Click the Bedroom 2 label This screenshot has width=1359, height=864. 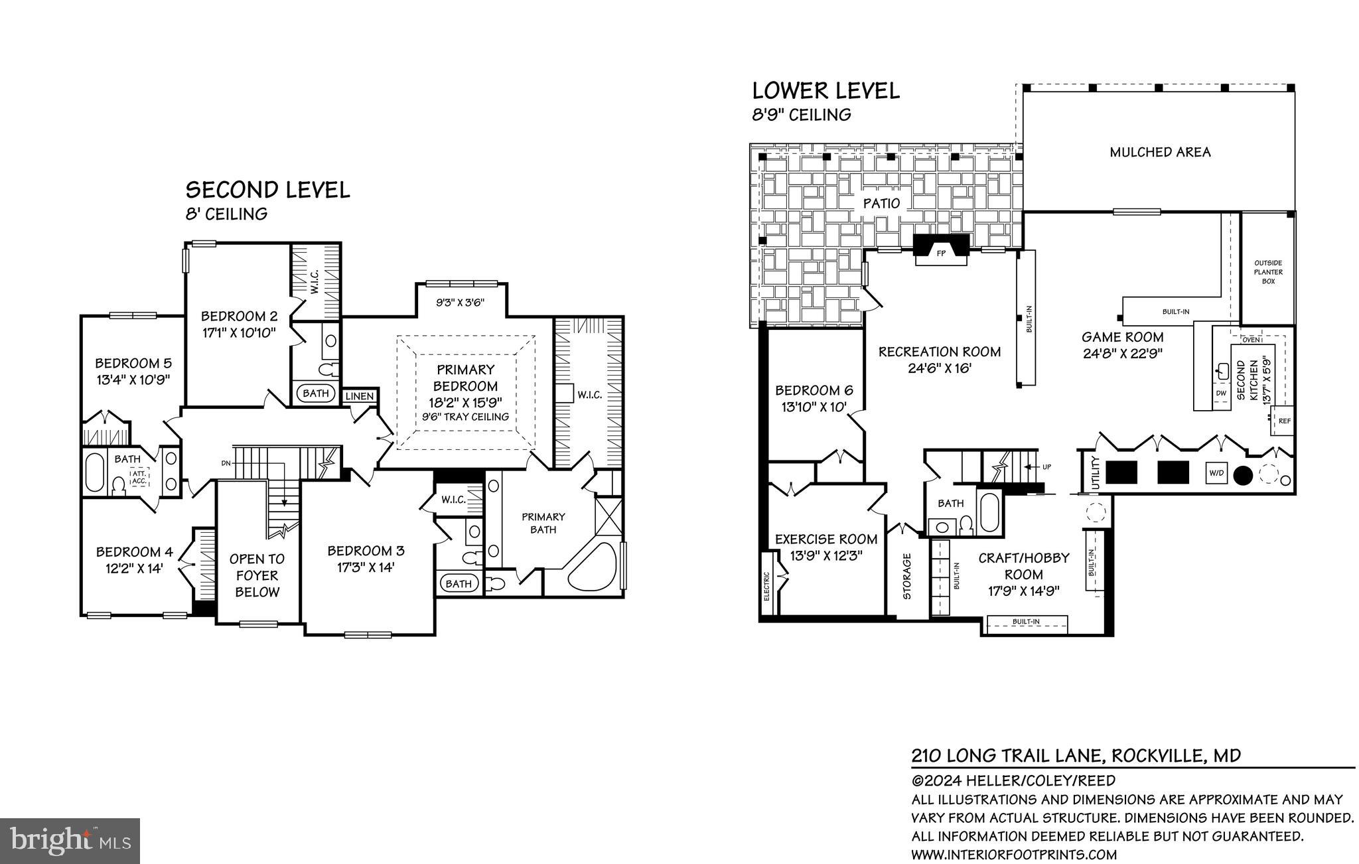click(x=239, y=316)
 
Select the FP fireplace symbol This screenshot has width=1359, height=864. click(x=940, y=252)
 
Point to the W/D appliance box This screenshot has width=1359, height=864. click(x=1216, y=473)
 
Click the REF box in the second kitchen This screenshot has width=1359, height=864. click(x=1284, y=421)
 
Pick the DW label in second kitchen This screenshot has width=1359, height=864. click(x=1221, y=393)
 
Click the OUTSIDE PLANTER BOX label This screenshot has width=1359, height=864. click(x=1268, y=272)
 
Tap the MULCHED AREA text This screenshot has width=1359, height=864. click(x=1160, y=152)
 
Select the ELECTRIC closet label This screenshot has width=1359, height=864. click(x=766, y=586)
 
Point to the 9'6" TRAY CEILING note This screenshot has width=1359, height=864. click(x=466, y=417)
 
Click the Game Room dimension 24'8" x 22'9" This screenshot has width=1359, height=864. click(x=1123, y=354)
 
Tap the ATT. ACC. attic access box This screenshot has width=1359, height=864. click(x=139, y=476)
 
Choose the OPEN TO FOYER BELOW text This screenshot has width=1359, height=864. click(x=257, y=575)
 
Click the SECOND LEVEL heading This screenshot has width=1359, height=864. click(x=267, y=190)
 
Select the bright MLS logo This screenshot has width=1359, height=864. click(x=70, y=840)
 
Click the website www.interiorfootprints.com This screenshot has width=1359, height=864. click(x=1014, y=854)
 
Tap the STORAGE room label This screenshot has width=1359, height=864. click(x=907, y=576)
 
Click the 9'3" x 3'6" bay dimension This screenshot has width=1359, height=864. click(x=460, y=303)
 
